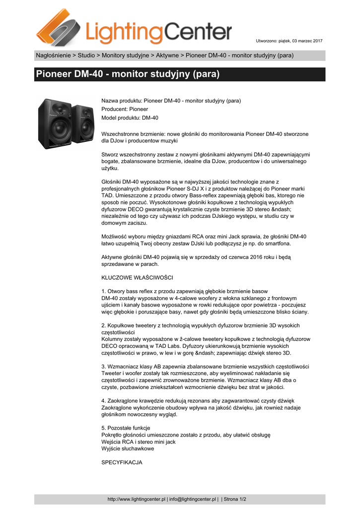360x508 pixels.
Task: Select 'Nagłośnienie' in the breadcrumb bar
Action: (53, 55)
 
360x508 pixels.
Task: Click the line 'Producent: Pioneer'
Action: (125, 109)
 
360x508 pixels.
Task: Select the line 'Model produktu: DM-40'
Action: (130, 118)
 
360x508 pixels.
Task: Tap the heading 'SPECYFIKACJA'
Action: (122, 462)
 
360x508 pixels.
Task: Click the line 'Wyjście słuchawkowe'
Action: (128, 448)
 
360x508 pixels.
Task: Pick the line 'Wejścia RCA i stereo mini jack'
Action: (139, 442)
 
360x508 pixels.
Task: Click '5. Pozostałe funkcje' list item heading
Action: (126, 428)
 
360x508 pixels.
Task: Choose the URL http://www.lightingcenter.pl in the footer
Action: (137, 499)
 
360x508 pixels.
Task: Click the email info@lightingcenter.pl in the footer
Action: (193, 499)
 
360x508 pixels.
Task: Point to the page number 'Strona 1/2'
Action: (235, 499)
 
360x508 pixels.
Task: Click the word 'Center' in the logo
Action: (198, 33)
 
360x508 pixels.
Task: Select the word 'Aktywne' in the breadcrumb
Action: (168, 55)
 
